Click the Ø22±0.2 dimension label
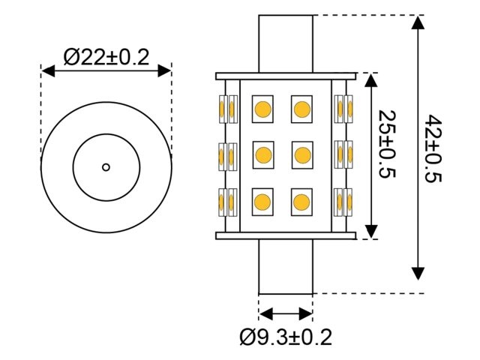pyautogui.click(x=106, y=56)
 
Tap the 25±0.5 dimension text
pyautogui.click(x=387, y=145)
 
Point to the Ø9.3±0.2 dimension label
pyautogui.click(x=286, y=337)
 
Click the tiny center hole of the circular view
pyautogui.click(x=106, y=166)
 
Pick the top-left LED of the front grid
pyautogui.click(x=263, y=109)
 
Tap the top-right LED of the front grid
pyautogui.click(x=301, y=109)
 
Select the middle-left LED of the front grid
pyautogui.click(x=263, y=155)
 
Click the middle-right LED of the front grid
pyautogui.click(x=301, y=155)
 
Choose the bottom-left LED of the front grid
pyautogui.click(x=263, y=201)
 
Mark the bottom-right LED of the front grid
pyautogui.click(x=301, y=201)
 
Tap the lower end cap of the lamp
pyautogui.click(x=286, y=266)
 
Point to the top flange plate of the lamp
pyautogui.click(x=286, y=76)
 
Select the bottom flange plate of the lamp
pyautogui.click(x=286, y=235)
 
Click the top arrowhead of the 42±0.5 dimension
pyautogui.click(x=418, y=22)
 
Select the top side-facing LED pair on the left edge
pyautogui.click(x=227, y=109)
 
